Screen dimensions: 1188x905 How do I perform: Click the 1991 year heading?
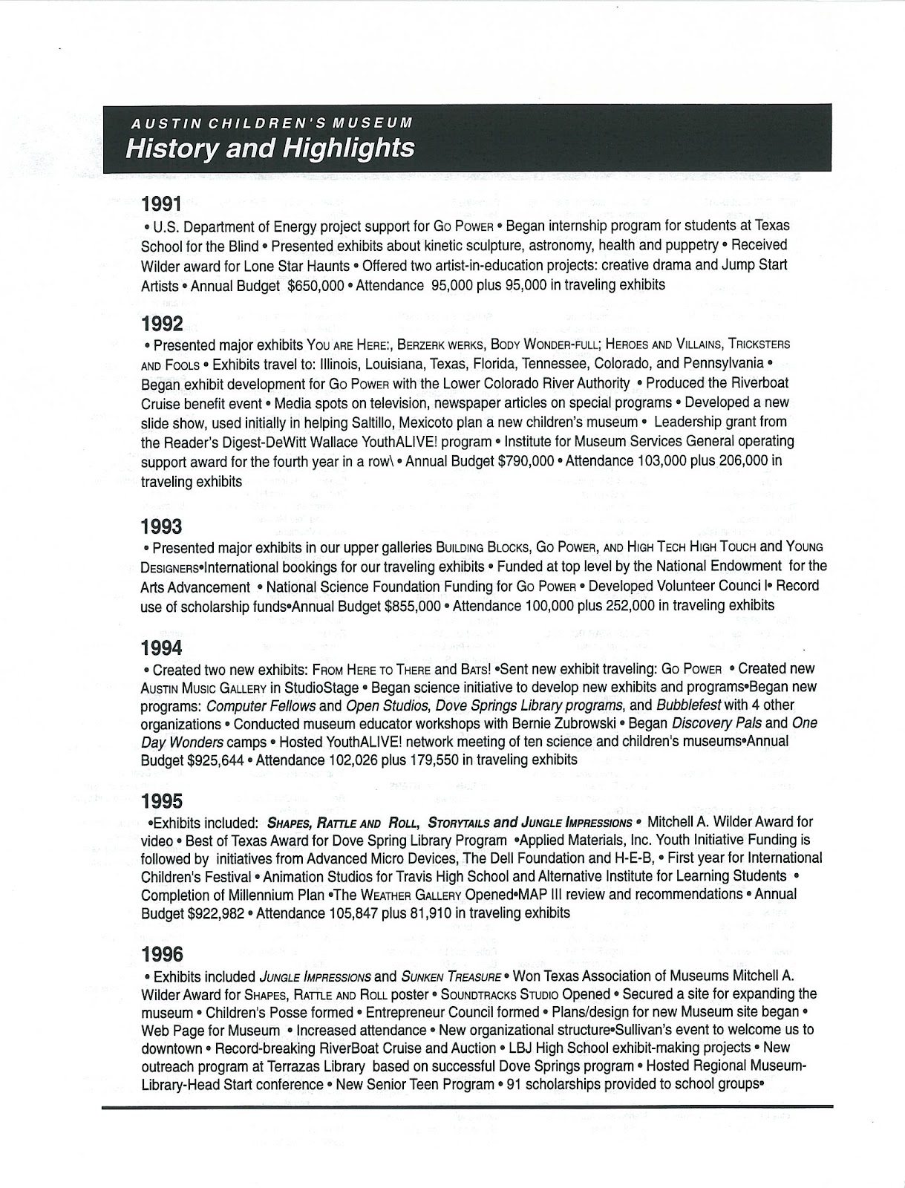coord(161,202)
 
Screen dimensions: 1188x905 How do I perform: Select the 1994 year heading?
coord(161,647)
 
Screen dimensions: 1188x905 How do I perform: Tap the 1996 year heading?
coord(161,953)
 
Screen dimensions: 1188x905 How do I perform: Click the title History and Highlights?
coord(269,148)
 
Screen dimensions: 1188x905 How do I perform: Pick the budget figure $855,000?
coord(414,605)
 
